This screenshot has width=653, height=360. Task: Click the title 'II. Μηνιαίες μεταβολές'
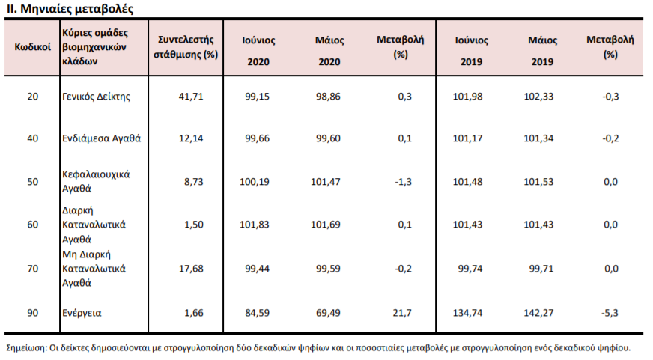pos(70,9)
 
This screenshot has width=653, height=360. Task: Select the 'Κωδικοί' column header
pos(32,47)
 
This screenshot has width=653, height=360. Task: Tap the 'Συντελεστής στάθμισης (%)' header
pos(186,47)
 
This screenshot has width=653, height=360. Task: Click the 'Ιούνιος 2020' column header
pos(258,51)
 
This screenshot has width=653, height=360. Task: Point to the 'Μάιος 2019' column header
pos(542,51)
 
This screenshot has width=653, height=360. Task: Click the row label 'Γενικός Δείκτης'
pos(96,97)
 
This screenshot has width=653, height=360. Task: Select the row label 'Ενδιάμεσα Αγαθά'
pos(102,138)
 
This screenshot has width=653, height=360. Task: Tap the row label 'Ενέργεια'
pos(82,313)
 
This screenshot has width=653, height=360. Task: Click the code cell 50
pos(32,182)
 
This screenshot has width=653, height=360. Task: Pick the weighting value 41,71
pos(191,97)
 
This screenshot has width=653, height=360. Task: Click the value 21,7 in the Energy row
pos(402,313)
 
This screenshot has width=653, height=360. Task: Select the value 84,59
pos(258,313)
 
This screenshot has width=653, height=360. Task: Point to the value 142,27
pos(538,313)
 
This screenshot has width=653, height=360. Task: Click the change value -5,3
pos(610,313)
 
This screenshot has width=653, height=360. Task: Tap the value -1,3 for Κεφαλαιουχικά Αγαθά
pos(403,182)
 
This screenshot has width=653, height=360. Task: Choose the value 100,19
pos(255,182)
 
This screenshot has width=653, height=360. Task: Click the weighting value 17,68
pos(191,269)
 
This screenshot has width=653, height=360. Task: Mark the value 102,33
pos(538,97)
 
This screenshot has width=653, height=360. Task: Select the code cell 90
pos(32,313)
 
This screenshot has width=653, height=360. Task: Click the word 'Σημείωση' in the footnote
pos(25,348)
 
